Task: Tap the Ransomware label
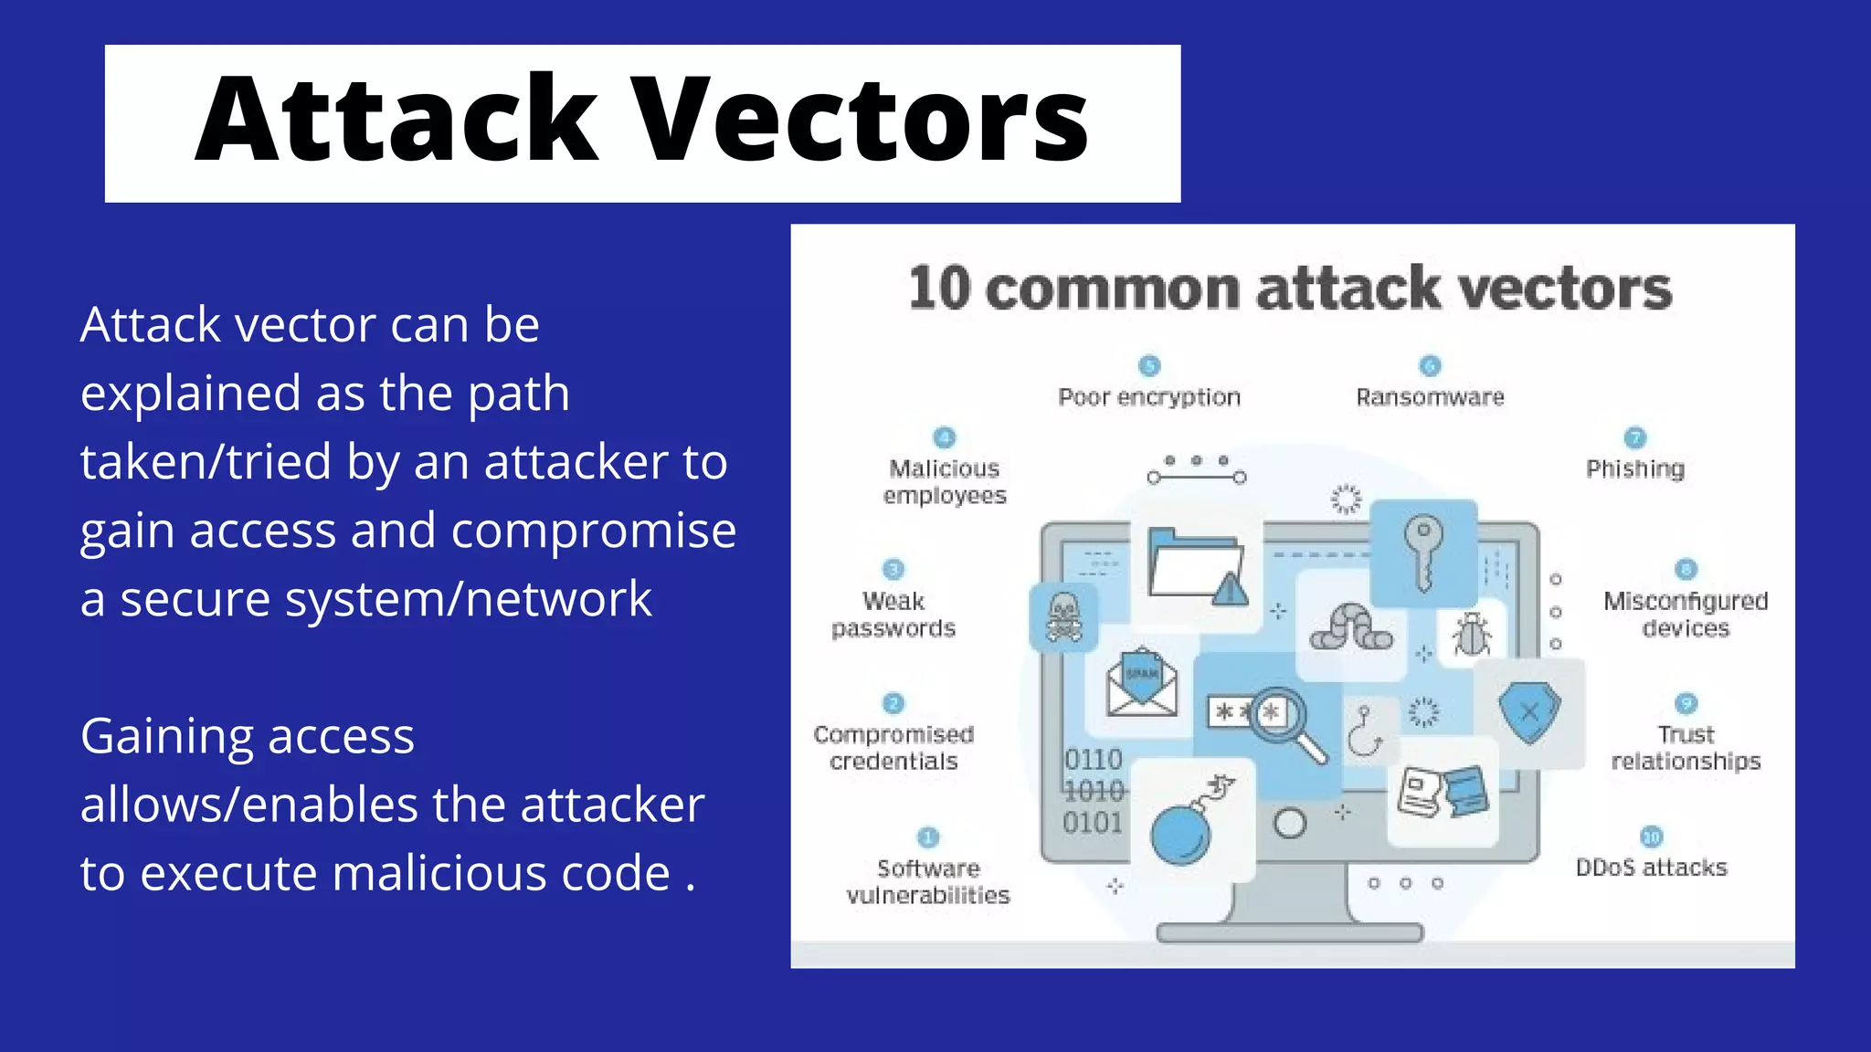tap(1430, 397)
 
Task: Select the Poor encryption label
tap(1149, 397)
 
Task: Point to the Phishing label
tap(1634, 468)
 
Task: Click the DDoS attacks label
tap(1651, 868)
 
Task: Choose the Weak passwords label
tap(893, 615)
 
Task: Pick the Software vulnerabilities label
tap(928, 881)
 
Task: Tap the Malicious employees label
tap(945, 481)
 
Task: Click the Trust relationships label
tap(1686, 748)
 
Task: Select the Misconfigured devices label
tap(1686, 615)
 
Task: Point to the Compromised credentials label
tap(893, 748)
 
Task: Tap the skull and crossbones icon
tap(1063, 617)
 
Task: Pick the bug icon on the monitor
tap(1471, 633)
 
